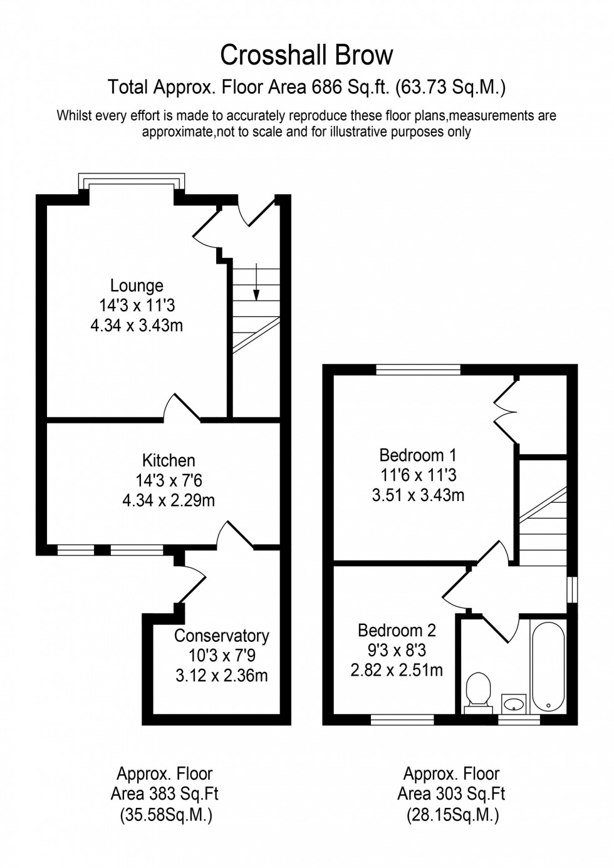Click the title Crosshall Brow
click(x=306, y=55)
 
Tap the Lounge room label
click(x=137, y=286)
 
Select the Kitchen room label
click(x=169, y=460)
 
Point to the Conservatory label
click(x=221, y=636)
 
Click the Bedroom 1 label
click(x=418, y=455)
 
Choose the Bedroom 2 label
click(x=397, y=630)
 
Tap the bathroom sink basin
click(x=514, y=703)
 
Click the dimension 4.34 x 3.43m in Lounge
click(x=137, y=326)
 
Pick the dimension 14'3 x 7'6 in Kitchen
click(x=169, y=480)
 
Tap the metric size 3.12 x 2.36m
click(x=221, y=676)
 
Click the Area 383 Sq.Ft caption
click(x=164, y=794)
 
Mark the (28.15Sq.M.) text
click(x=452, y=815)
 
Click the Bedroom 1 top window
click(x=418, y=369)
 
